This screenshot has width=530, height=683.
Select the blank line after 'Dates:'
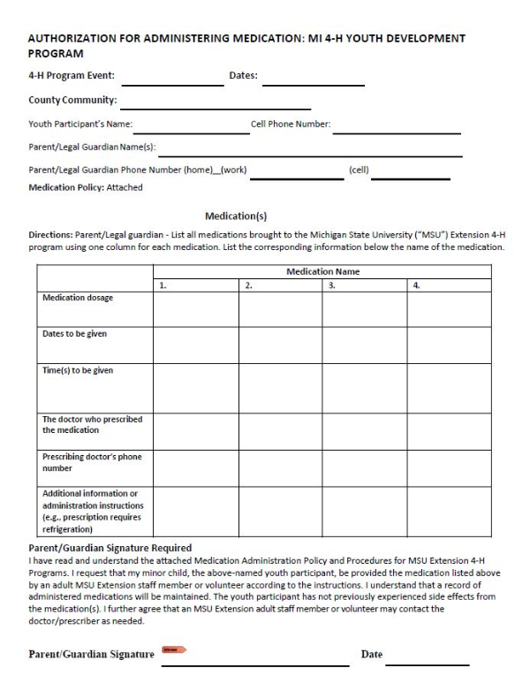pos(313,84)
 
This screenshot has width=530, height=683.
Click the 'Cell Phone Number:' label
pos(291,125)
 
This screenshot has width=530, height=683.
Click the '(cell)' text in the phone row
pos(358,170)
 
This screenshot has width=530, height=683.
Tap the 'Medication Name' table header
pos(322,271)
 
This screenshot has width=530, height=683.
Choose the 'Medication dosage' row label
pos(78,298)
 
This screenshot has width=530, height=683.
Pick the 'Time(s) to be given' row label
pos(78,370)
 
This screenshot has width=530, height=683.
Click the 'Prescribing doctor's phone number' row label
pos(92,463)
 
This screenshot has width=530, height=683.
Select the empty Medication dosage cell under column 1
pos(195,309)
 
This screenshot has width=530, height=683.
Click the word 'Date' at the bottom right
pos(371,654)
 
